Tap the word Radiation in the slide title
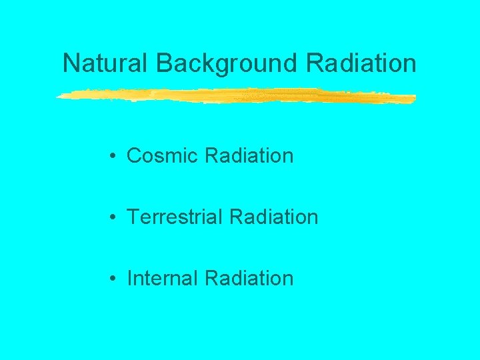pyautogui.click(x=361, y=63)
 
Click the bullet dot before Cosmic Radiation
pyautogui.click(x=115, y=157)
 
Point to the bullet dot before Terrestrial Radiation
pyautogui.click(x=115, y=217)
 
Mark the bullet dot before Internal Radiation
pyautogui.click(x=115, y=279)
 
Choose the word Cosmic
pyautogui.click(x=163, y=156)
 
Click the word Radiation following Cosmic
pyautogui.click(x=249, y=156)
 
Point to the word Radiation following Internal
pyautogui.click(x=249, y=278)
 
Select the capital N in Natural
pyautogui.click(x=71, y=63)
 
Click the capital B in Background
pyautogui.click(x=164, y=63)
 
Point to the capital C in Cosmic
pyautogui.click(x=135, y=156)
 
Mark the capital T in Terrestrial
pyautogui.click(x=133, y=217)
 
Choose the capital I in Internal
pyautogui.click(x=129, y=278)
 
